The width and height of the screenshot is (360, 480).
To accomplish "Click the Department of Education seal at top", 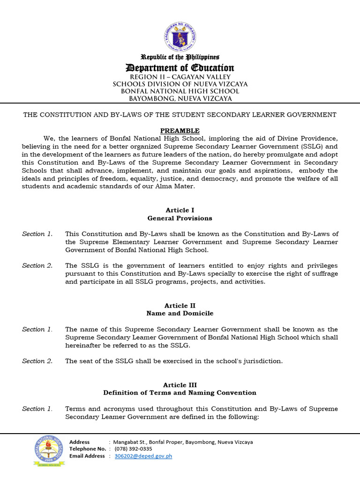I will click(180, 37).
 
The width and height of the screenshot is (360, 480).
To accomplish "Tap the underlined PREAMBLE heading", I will click(180, 131).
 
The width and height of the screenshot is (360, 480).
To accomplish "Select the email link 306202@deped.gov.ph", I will click(143, 456).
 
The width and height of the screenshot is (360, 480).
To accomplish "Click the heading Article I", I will click(180, 210).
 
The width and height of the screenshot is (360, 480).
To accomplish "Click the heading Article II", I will click(180, 306).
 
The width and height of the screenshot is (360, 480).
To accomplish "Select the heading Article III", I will click(180, 385).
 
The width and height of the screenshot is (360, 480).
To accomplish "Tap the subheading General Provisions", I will click(180, 218).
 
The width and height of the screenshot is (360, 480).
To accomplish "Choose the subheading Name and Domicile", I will click(180, 314).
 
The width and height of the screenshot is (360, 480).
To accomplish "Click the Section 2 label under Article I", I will click(37, 266).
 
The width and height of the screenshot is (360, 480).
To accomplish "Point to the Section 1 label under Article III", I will click(37, 409).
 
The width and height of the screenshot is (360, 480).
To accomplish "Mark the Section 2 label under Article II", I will click(37, 361).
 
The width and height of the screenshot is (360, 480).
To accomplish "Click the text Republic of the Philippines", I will click(180, 57).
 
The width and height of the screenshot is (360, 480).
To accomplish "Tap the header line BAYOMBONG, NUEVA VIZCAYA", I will click(180, 98).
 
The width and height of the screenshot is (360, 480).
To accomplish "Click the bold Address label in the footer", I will click(79, 442).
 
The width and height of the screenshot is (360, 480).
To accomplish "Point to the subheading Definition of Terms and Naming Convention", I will click(180, 393).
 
